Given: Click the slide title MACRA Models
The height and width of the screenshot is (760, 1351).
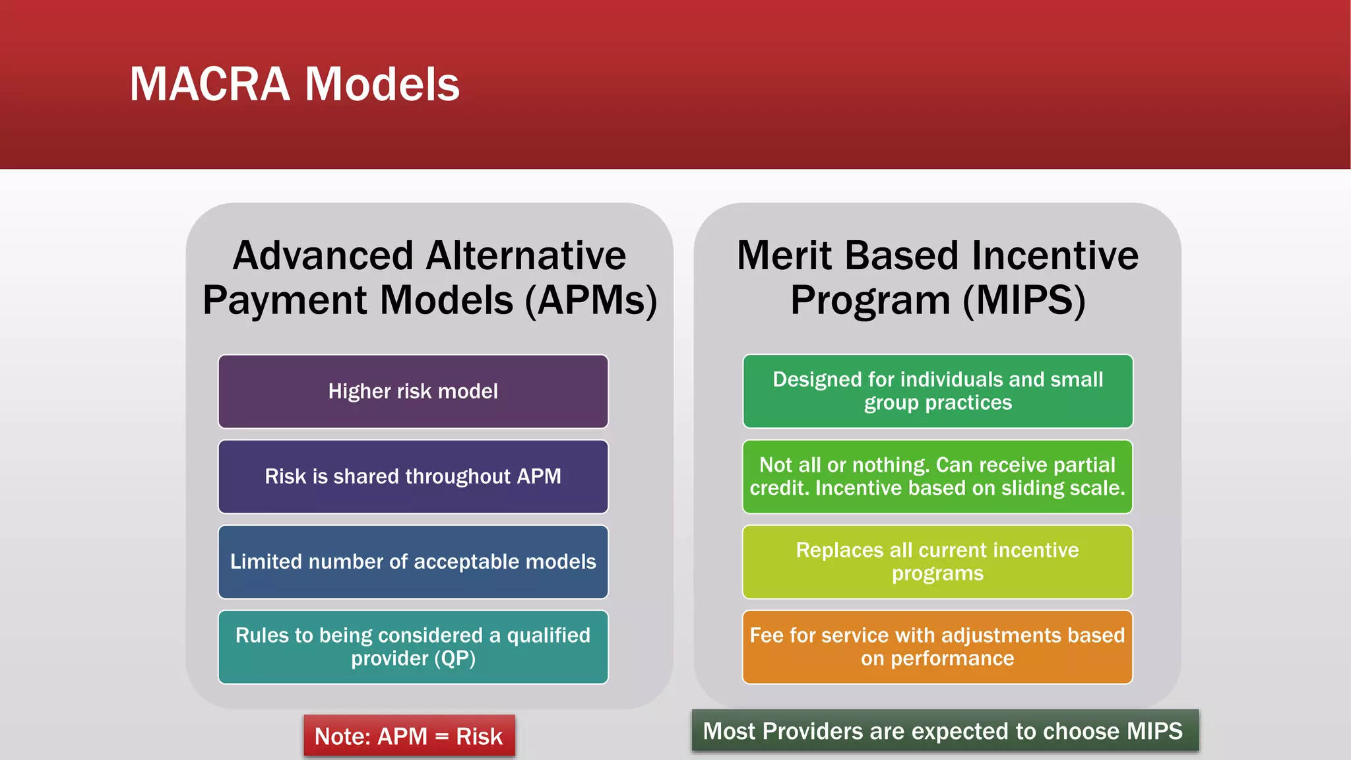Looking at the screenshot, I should pyautogui.click(x=294, y=84).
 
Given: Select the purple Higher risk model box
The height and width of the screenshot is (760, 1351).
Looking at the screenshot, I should pyautogui.click(x=413, y=391).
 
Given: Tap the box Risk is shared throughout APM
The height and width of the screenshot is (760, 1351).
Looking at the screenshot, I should pyautogui.click(x=413, y=476).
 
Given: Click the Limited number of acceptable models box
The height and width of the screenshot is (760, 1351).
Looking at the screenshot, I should pyautogui.click(x=413, y=561).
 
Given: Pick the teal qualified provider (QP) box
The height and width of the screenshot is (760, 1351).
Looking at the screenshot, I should pyautogui.click(x=413, y=647).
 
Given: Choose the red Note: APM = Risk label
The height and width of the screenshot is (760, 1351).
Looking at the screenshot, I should pyautogui.click(x=408, y=736).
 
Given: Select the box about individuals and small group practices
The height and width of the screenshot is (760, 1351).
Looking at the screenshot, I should pyautogui.click(x=937, y=391).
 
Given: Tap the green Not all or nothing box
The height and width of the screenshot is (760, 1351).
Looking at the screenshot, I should pyautogui.click(x=937, y=476).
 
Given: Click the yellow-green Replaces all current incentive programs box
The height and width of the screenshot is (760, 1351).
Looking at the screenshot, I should pyautogui.click(x=937, y=561).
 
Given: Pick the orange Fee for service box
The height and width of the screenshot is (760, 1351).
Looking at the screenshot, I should pyautogui.click(x=937, y=647).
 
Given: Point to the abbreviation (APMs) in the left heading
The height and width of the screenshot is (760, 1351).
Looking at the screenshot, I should pyautogui.click(x=591, y=301).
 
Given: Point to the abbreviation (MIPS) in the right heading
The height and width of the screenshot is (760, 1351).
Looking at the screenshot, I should pyautogui.click(x=1024, y=301).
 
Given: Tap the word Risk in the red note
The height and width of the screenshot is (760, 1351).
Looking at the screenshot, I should pyautogui.click(x=479, y=736).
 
